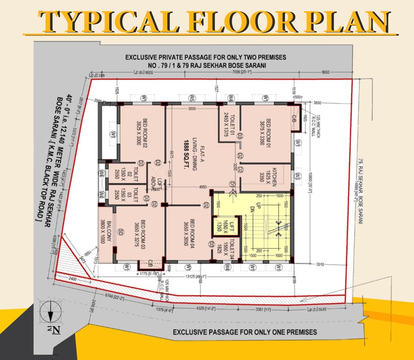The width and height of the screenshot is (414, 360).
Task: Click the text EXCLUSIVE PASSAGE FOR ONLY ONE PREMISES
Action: pyautogui.click(x=245, y=332)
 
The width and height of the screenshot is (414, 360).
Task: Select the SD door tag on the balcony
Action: pyautogui.click(x=120, y=231)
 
